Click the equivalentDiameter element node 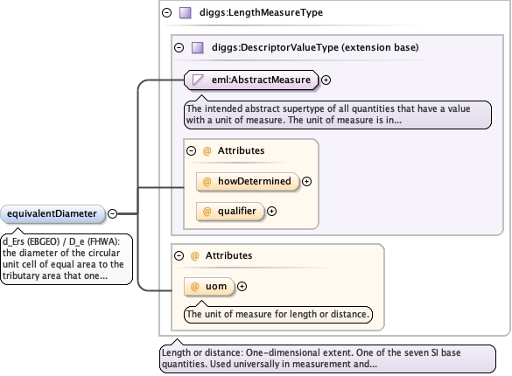point(53,214)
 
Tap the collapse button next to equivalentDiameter point(112,213)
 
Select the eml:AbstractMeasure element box point(251,80)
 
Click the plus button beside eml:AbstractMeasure point(326,80)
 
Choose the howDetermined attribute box point(248,181)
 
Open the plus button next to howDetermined point(306,181)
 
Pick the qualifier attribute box point(230,212)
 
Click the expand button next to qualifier point(271,212)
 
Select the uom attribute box point(209,287)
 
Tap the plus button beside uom point(242,286)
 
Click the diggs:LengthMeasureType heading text point(261,13)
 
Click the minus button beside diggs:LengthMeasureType point(167,13)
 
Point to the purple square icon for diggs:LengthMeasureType point(186,13)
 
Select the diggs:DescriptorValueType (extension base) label point(315,47)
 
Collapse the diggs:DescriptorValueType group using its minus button point(179,47)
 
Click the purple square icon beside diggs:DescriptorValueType point(198,47)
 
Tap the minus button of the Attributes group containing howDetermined point(192,150)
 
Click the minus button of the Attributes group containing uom point(179,255)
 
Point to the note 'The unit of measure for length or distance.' point(278,314)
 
